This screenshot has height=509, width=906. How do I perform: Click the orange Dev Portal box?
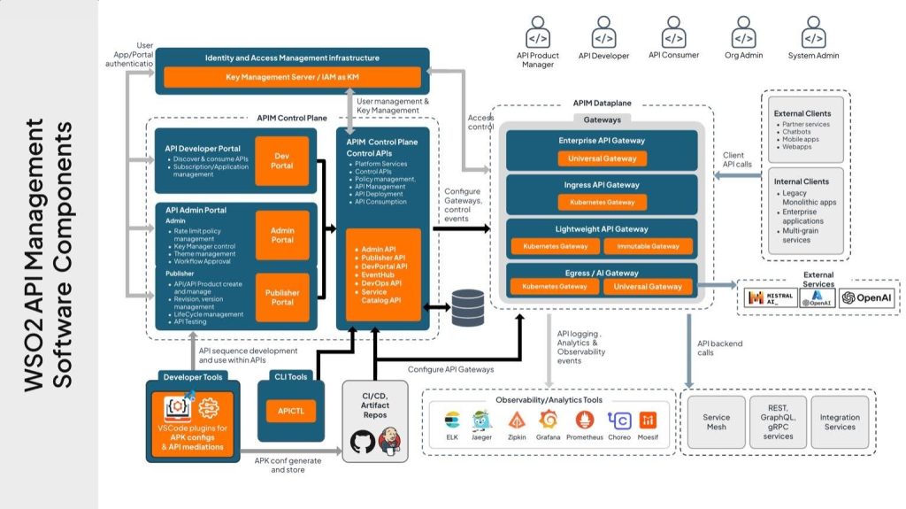coord(282,160)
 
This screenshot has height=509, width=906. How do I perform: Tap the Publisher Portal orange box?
coord(282,297)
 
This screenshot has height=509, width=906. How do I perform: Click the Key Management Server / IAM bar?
coord(291,78)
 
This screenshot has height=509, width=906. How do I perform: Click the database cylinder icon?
coord(467,307)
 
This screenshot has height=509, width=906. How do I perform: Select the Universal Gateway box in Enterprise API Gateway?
coord(602,159)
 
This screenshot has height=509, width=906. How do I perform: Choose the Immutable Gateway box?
coord(648,245)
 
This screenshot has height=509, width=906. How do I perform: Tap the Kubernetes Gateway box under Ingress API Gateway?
coord(602,203)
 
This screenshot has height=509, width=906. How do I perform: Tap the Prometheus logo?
coord(583,420)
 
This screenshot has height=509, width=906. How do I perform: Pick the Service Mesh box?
coord(716,422)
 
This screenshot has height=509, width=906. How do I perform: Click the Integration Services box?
coord(839,422)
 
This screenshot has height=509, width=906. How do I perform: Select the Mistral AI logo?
coord(767,298)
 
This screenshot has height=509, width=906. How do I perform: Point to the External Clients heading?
coord(802,113)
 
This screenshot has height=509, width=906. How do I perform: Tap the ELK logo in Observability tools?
coord(452,420)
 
